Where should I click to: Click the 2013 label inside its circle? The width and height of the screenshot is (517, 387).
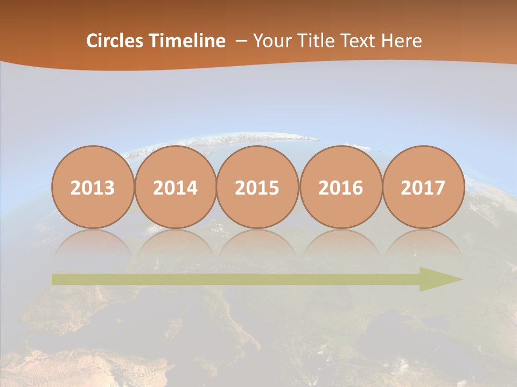pos(93,188)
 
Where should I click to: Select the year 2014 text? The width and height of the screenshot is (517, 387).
pos(175,188)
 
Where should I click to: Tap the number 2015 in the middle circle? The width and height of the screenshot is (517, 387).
pos(257,188)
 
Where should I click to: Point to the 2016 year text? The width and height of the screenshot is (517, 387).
pos(340,188)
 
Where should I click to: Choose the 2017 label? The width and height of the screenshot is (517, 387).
pos(423,188)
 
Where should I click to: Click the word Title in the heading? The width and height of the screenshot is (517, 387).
pos(311,41)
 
